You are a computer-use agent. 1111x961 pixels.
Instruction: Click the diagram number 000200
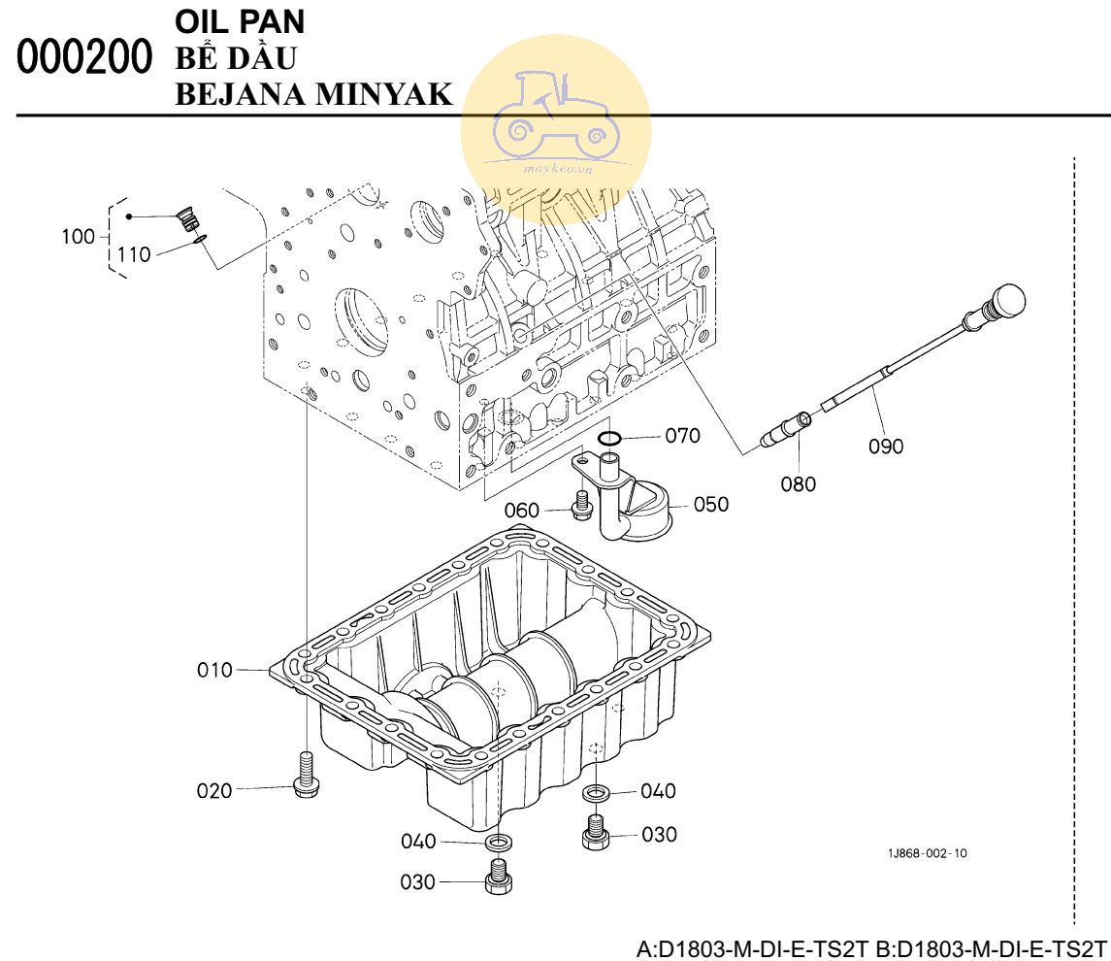click(x=84, y=57)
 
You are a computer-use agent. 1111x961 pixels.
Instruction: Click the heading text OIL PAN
click(x=240, y=22)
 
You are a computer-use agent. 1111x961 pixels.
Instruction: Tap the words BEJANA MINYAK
click(x=313, y=94)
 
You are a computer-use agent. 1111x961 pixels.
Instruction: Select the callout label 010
click(x=214, y=670)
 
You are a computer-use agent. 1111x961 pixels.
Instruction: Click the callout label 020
click(x=214, y=790)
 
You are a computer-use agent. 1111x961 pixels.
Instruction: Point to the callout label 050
click(x=710, y=504)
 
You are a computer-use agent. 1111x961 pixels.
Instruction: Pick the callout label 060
click(x=521, y=511)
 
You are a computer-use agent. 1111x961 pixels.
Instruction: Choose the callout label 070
click(x=682, y=435)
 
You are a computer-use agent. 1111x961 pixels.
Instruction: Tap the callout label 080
click(x=798, y=484)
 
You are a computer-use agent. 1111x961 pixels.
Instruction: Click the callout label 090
click(x=886, y=446)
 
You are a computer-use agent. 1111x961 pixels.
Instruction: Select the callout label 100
click(x=78, y=236)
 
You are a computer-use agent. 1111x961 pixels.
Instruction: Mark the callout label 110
click(x=134, y=254)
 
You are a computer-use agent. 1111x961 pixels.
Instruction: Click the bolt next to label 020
click(x=306, y=775)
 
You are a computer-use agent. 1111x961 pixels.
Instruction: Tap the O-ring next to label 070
click(x=609, y=439)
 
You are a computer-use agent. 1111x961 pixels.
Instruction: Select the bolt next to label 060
click(x=581, y=505)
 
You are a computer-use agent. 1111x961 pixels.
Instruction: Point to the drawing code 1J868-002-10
click(x=927, y=853)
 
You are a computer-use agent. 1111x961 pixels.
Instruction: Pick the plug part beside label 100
click(x=188, y=218)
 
